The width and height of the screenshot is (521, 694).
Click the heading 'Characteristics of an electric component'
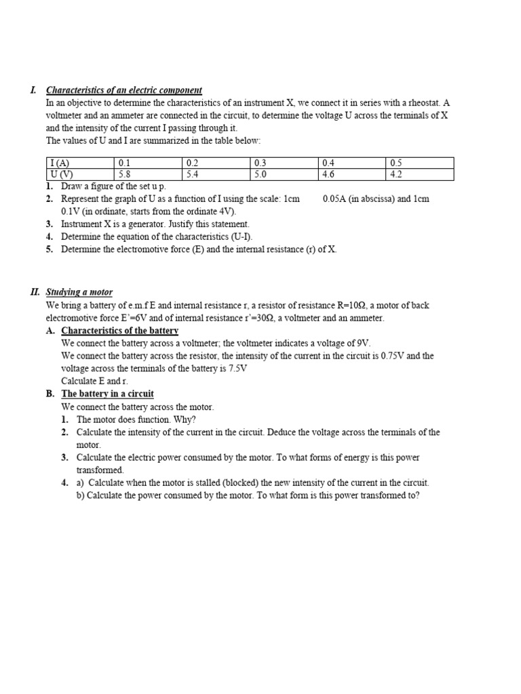click(123, 90)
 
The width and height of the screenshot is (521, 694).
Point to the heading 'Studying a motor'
click(79, 292)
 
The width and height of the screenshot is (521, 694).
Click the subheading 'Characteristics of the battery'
click(119, 330)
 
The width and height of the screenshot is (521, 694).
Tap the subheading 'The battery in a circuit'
click(107, 394)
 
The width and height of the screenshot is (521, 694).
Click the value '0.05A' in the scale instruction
click(337, 199)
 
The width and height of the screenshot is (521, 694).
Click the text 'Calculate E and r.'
click(94, 381)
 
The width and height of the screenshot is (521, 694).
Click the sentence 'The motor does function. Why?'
click(136, 420)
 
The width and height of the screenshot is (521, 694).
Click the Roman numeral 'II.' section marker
click(35, 292)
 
